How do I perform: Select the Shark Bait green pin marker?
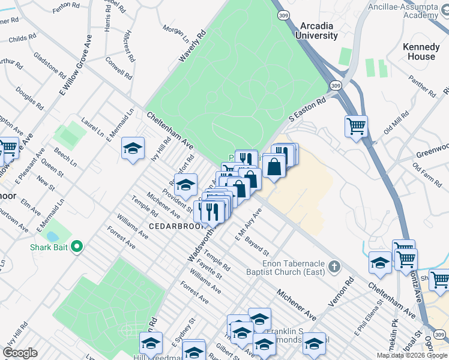(x=77, y=247)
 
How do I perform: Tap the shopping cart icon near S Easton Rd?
(x=356, y=127)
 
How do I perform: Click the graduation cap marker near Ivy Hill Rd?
(x=133, y=148)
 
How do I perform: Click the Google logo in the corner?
(x=20, y=353)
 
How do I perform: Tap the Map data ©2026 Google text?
(x=412, y=355)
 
